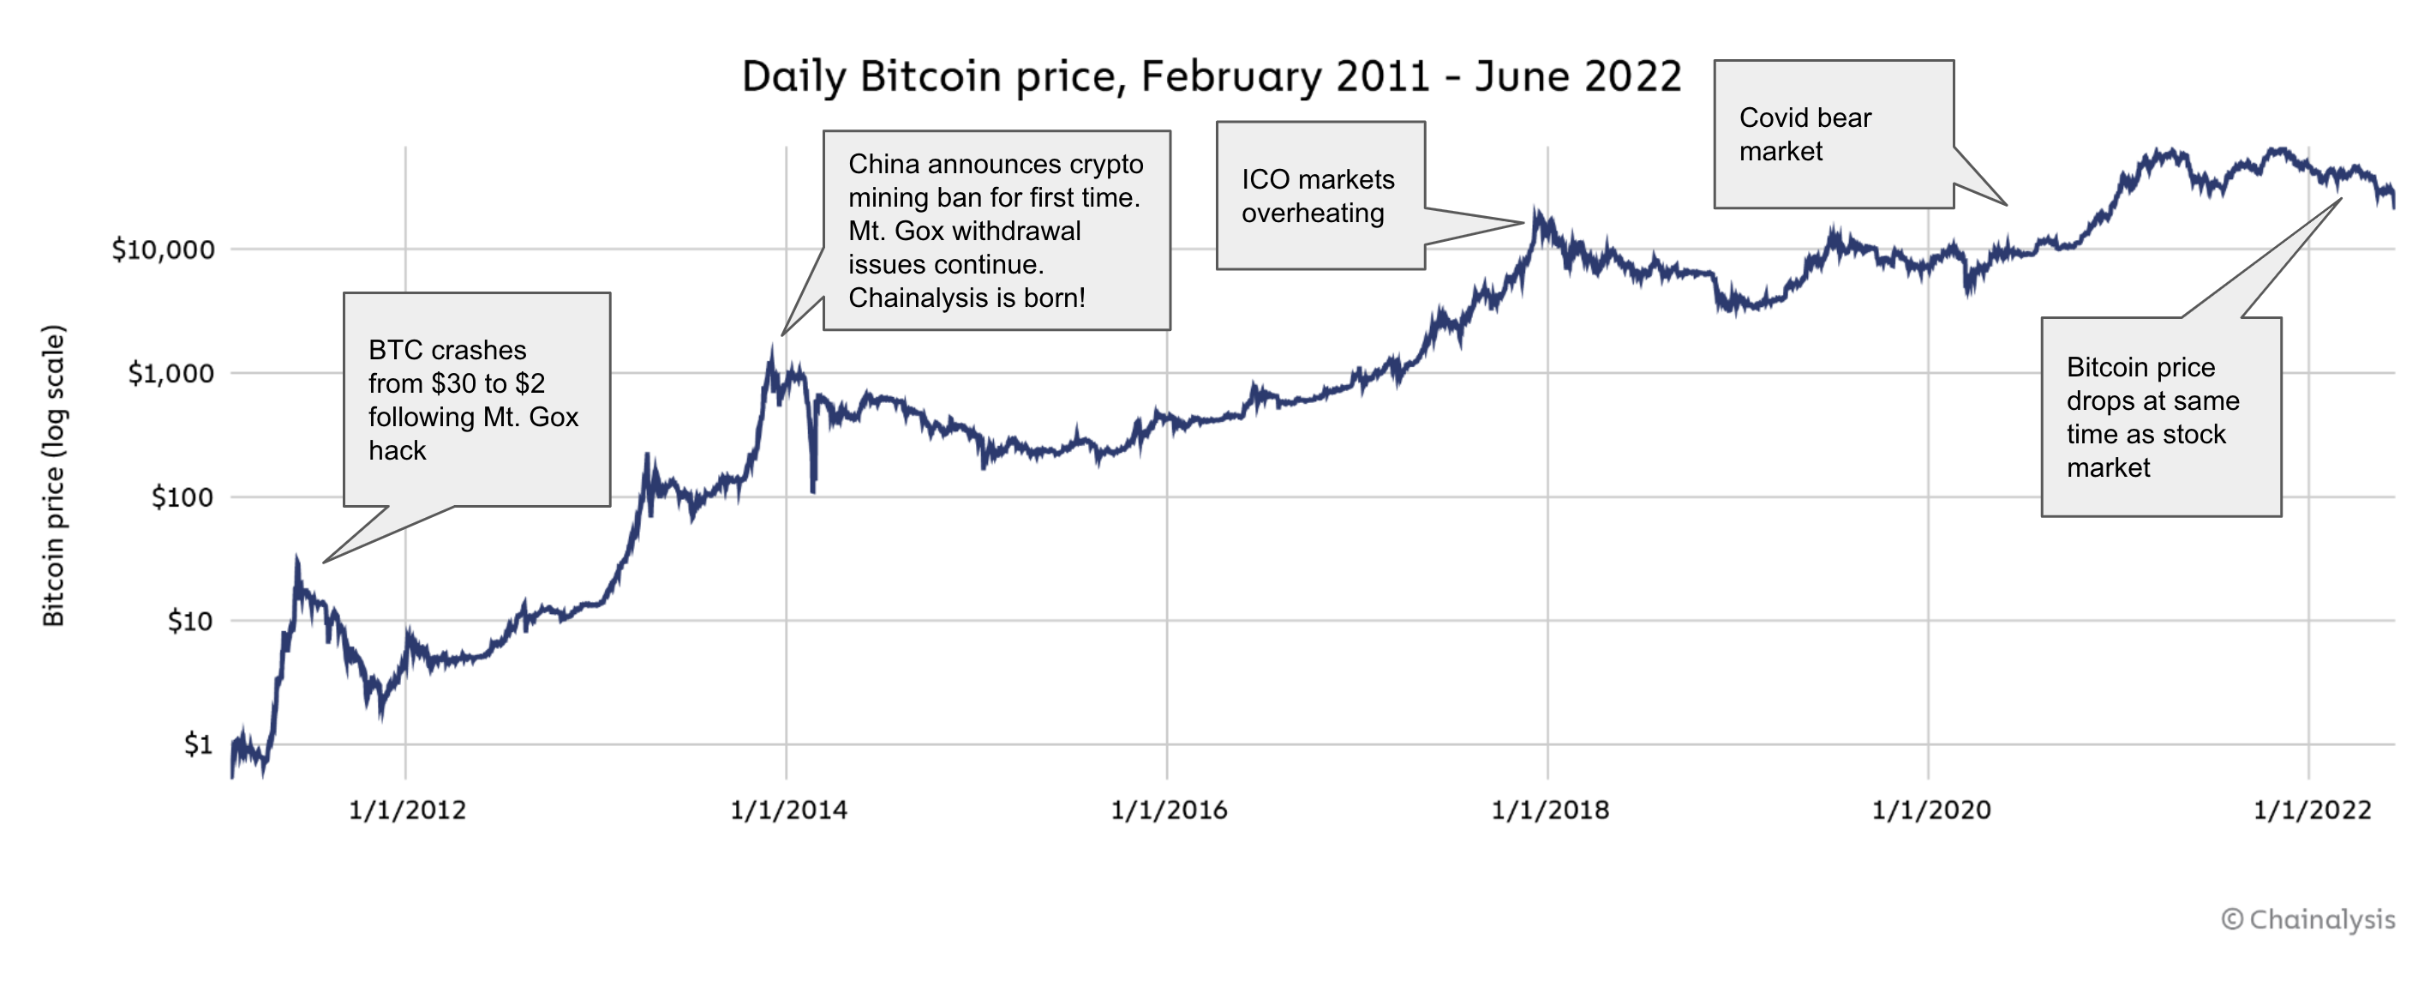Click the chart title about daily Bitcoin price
click(x=1212, y=76)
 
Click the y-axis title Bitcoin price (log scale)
click(x=54, y=475)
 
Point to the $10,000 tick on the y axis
click(x=163, y=250)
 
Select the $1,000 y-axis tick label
click(x=171, y=374)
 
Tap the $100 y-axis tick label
click(x=182, y=497)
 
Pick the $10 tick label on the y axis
click(x=189, y=621)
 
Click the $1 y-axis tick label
click(x=198, y=744)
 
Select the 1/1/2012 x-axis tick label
click(x=408, y=809)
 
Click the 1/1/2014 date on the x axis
click(x=788, y=809)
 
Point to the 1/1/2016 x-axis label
click(x=1169, y=809)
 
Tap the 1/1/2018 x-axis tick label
click(x=1550, y=809)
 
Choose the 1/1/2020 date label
click(x=1931, y=809)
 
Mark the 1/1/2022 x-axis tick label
click(x=2312, y=809)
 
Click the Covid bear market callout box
click(x=1833, y=134)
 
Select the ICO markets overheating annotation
click(x=1319, y=196)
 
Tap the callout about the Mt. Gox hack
click(x=476, y=400)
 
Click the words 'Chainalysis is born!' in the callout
click(x=967, y=298)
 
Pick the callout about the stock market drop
click(x=2160, y=418)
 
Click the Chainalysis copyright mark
click(x=2307, y=919)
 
